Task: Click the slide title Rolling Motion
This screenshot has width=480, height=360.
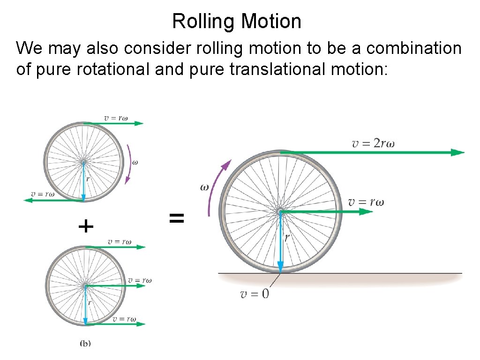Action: click(237, 22)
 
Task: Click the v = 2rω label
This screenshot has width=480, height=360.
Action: click(373, 143)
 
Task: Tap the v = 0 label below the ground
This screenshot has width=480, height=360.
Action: click(255, 294)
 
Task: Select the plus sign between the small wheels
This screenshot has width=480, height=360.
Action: click(86, 227)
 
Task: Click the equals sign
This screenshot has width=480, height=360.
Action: click(176, 217)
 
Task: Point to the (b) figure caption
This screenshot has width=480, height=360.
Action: click(85, 343)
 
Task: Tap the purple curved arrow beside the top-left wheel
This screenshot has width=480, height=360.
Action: click(129, 164)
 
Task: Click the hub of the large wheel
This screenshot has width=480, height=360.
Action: click(280, 212)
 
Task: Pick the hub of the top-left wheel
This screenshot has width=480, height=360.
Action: click(83, 163)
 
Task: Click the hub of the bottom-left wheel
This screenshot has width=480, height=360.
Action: click(85, 285)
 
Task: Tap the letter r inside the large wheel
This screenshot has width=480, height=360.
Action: click(286, 238)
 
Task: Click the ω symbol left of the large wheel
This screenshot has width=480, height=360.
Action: click(205, 187)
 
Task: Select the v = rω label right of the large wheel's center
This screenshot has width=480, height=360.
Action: click(366, 202)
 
